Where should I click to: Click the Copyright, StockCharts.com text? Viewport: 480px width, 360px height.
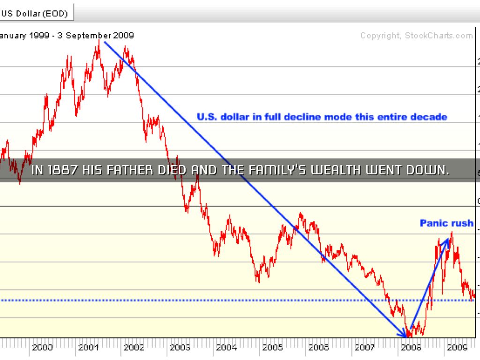pyautogui.click(x=416, y=36)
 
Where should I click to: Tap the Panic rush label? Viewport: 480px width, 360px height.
pyautogui.click(x=446, y=223)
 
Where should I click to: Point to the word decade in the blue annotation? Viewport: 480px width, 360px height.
pyautogui.click(x=429, y=117)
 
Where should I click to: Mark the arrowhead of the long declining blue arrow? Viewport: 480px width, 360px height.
pyautogui.click(x=405, y=334)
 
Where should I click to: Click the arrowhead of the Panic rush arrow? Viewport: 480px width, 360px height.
pyautogui.click(x=448, y=240)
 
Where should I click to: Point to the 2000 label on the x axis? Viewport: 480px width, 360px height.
pyautogui.click(x=42, y=347)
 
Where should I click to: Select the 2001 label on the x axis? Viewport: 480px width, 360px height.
pyautogui.click(x=88, y=347)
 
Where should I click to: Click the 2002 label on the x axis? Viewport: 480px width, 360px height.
pyautogui.click(x=134, y=347)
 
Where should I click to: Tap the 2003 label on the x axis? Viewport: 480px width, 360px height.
pyautogui.click(x=180, y=347)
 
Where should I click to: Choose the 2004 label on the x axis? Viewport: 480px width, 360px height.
pyautogui.click(x=226, y=347)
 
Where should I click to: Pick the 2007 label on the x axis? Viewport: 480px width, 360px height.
pyautogui.click(x=364, y=347)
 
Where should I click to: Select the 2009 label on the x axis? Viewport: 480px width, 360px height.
pyautogui.click(x=456, y=347)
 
